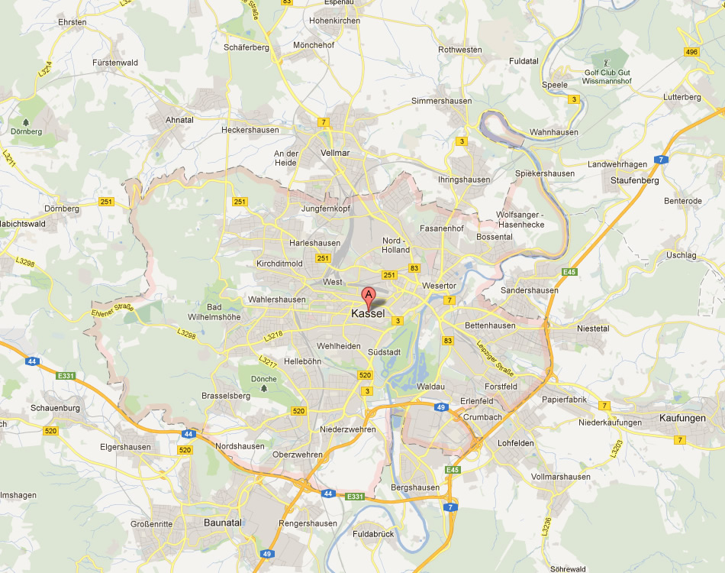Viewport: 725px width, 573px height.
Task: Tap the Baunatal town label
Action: tap(223, 523)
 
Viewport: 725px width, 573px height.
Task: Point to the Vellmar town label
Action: tap(335, 153)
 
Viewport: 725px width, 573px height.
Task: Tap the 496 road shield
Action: tap(691, 52)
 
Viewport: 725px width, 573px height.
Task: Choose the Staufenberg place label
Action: tap(635, 180)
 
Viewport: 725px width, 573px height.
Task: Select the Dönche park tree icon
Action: tap(264, 388)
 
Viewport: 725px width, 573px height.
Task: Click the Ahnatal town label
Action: tap(180, 120)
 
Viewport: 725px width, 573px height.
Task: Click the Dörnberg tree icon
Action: tap(26, 121)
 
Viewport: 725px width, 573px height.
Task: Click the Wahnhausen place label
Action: tap(554, 132)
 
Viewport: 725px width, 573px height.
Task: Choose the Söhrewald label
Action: tap(568, 568)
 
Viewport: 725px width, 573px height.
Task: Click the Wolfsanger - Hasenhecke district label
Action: tap(520, 220)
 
